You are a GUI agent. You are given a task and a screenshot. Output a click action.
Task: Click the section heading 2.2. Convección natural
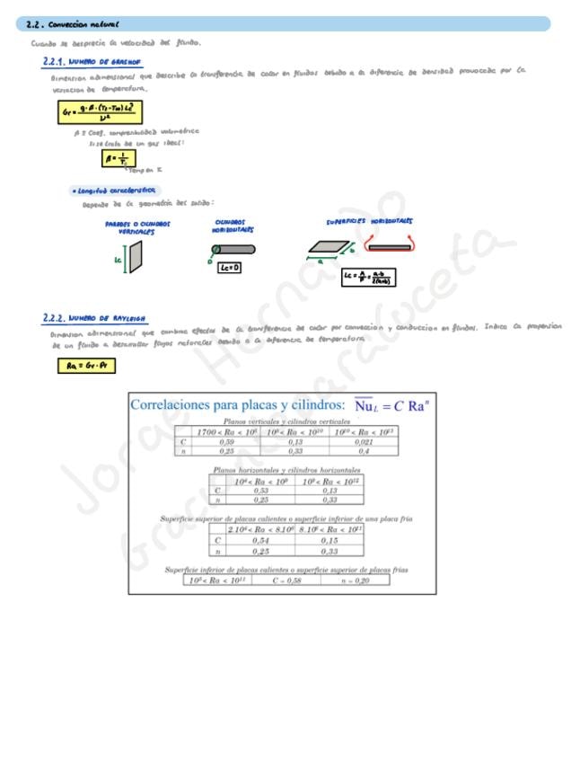coord(74,24)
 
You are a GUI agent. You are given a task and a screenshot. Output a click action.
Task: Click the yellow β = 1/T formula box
coord(118,158)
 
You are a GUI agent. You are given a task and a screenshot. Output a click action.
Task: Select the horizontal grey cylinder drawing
coord(234,250)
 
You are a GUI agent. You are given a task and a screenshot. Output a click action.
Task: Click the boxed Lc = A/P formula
coord(368,277)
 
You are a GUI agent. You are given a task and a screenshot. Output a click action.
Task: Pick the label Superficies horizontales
coord(369,221)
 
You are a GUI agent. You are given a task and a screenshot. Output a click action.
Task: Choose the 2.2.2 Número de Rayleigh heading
coord(94,318)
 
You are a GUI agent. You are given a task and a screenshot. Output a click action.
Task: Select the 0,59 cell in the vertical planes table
coord(227,441)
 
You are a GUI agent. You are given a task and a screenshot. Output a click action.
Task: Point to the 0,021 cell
coord(364,441)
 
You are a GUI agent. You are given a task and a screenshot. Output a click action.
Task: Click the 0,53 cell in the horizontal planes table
coord(260,490)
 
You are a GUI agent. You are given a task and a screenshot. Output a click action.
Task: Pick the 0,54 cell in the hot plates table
coord(260,540)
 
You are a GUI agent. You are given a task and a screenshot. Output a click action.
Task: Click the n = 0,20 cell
coord(356,580)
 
